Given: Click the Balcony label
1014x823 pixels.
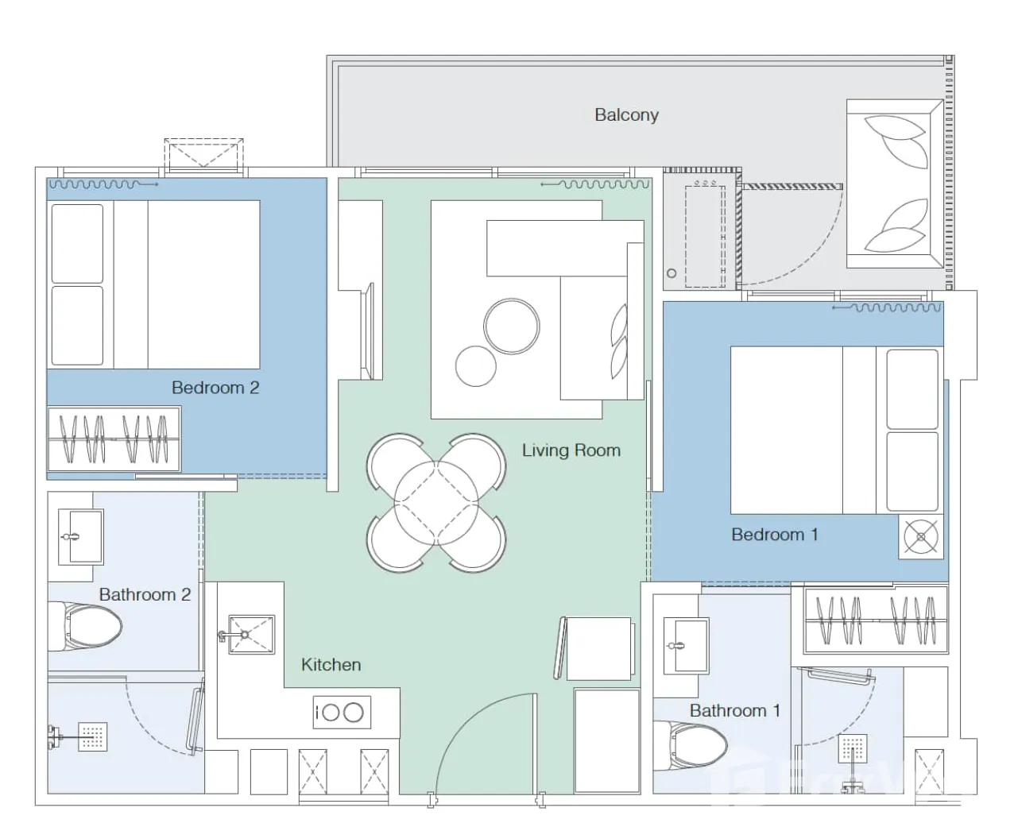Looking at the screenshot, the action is tap(626, 115).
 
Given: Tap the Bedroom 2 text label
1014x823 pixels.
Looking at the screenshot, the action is tap(215, 388).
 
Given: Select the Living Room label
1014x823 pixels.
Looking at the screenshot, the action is tap(571, 450).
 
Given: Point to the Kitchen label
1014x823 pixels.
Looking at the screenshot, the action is tap(331, 665).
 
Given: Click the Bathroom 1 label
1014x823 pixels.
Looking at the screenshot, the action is tap(734, 711).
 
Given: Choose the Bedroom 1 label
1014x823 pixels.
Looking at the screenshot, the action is tap(775, 535).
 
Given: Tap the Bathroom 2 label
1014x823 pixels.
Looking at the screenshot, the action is tap(145, 595).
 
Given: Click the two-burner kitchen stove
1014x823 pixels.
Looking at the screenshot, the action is tap(342, 712).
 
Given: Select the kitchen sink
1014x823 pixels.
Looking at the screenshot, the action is tap(251, 635).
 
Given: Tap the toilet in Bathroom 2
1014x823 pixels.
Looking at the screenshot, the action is tap(86, 626).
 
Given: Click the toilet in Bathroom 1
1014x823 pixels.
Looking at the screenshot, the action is tap(691, 745).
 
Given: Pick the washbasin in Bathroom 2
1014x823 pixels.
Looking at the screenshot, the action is tap(80, 537).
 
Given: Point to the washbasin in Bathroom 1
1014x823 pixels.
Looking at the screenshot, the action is tap(686, 646).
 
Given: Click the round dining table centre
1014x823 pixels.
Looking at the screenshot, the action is tap(436, 503).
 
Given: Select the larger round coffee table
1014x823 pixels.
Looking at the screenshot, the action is tap(512, 326).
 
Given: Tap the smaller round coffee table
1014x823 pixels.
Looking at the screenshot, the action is tap(475, 366).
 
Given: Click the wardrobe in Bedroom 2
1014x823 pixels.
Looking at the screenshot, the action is tap(114, 439).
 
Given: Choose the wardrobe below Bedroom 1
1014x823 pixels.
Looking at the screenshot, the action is tap(875, 620).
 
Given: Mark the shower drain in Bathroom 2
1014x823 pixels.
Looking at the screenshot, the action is tap(92, 737).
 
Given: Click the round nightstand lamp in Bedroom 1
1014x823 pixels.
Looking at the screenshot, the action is tap(921, 536).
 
